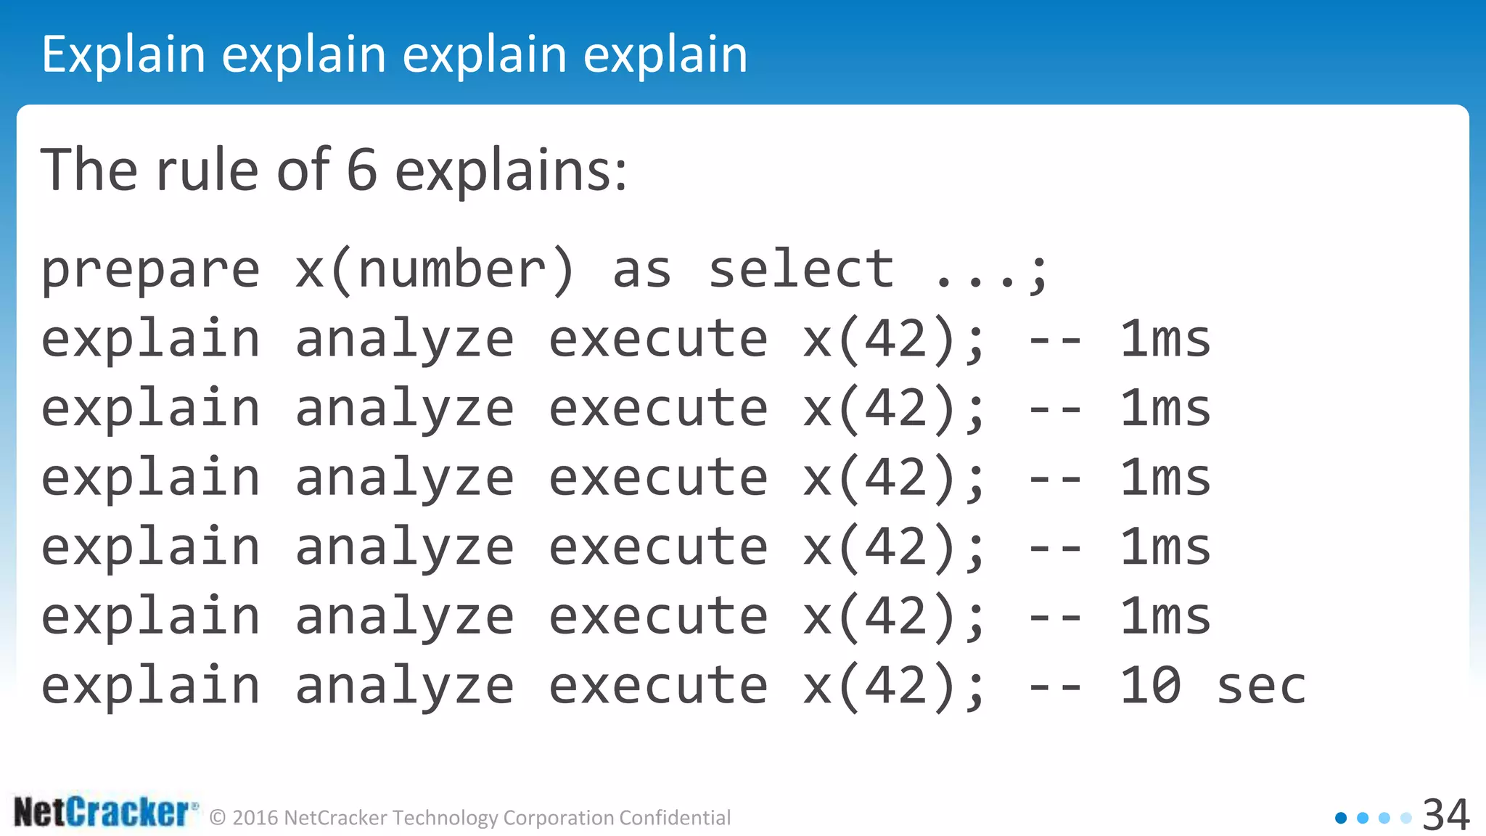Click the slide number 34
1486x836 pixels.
(x=1445, y=814)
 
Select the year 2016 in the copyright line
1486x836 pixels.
(x=255, y=818)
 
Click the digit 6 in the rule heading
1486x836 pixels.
(x=362, y=170)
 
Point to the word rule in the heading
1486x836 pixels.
(x=207, y=170)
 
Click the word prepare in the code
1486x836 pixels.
(x=150, y=271)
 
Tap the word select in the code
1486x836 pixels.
(x=800, y=269)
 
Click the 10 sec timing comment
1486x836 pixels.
(x=1212, y=686)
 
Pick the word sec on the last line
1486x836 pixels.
(x=1261, y=687)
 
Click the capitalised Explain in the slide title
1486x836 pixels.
(x=123, y=55)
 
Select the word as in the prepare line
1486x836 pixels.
(x=641, y=271)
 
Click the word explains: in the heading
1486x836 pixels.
(x=511, y=171)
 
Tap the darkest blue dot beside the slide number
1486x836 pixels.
(x=1341, y=818)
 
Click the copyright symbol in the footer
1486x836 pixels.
(x=218, y=819)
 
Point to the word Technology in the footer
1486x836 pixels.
(x=446, y=818)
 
